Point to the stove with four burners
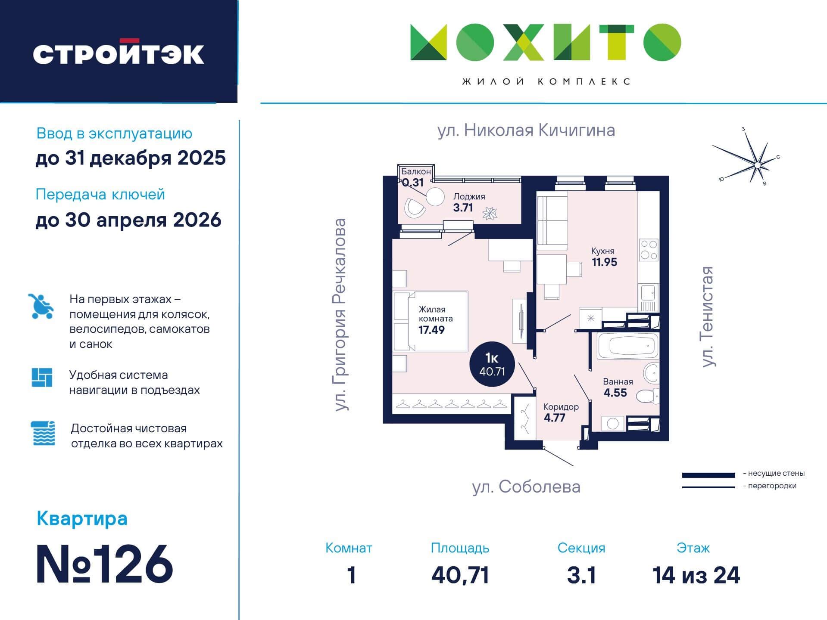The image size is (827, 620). pyautogui.click(x=649, y=250)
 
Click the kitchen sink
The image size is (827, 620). pyautogui.click(x=648, y=293)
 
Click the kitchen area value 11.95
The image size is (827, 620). pyautogui.click(x=604, y=262)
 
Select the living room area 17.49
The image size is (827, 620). pyautogui.click(x=431, y=330)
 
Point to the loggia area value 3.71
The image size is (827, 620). pyautogui.click(x=463, y=208)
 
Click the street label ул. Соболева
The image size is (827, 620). pyautogui.click(x=526, y=487)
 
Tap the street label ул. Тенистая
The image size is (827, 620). pyautogui.click(x=708, y=316)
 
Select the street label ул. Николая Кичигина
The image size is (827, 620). pyautogui.click(x=526, y=130)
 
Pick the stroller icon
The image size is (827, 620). pyautogui.click(x=41, y=306)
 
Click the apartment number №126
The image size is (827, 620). pyautogui.click(x=105, y=564)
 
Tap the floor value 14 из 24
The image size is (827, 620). pyautogui.click(x=696, y=575)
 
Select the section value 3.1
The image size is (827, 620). pyautogui.click(x=581, y=575)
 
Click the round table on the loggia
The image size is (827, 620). pyautogui.click(x=435, y=198)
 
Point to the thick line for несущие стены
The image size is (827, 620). pyautogui.click(x=708, y=475)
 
